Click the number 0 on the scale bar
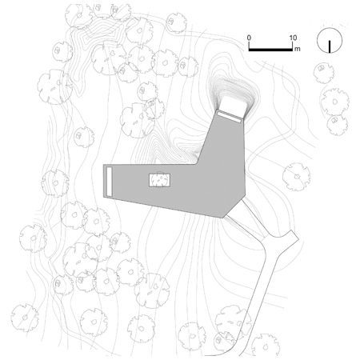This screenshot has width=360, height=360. tap(249, 38)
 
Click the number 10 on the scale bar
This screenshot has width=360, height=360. tap(293, 38)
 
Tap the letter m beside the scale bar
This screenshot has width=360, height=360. tap(298, 49)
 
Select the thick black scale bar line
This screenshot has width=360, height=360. tap(270, 50)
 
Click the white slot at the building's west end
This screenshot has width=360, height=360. tap(109, 182)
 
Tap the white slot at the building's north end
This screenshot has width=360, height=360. tap(230, 117)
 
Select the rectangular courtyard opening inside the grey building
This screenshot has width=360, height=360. tap(159, 180)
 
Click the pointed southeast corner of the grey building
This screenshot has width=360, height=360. tap(222, 218)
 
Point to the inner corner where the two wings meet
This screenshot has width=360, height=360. tap(198, 164)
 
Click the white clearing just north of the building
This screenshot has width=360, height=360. tap(233, 104)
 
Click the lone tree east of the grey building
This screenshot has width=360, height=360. tap(296, 177)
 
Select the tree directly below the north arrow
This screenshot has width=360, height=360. tap(324, 73)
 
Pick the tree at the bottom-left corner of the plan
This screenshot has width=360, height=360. tap(25, 318)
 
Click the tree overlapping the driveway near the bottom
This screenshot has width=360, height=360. tap(233, 322)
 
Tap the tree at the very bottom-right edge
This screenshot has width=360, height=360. tap(266, 346)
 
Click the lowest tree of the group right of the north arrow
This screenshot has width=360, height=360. tap(338, 125)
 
